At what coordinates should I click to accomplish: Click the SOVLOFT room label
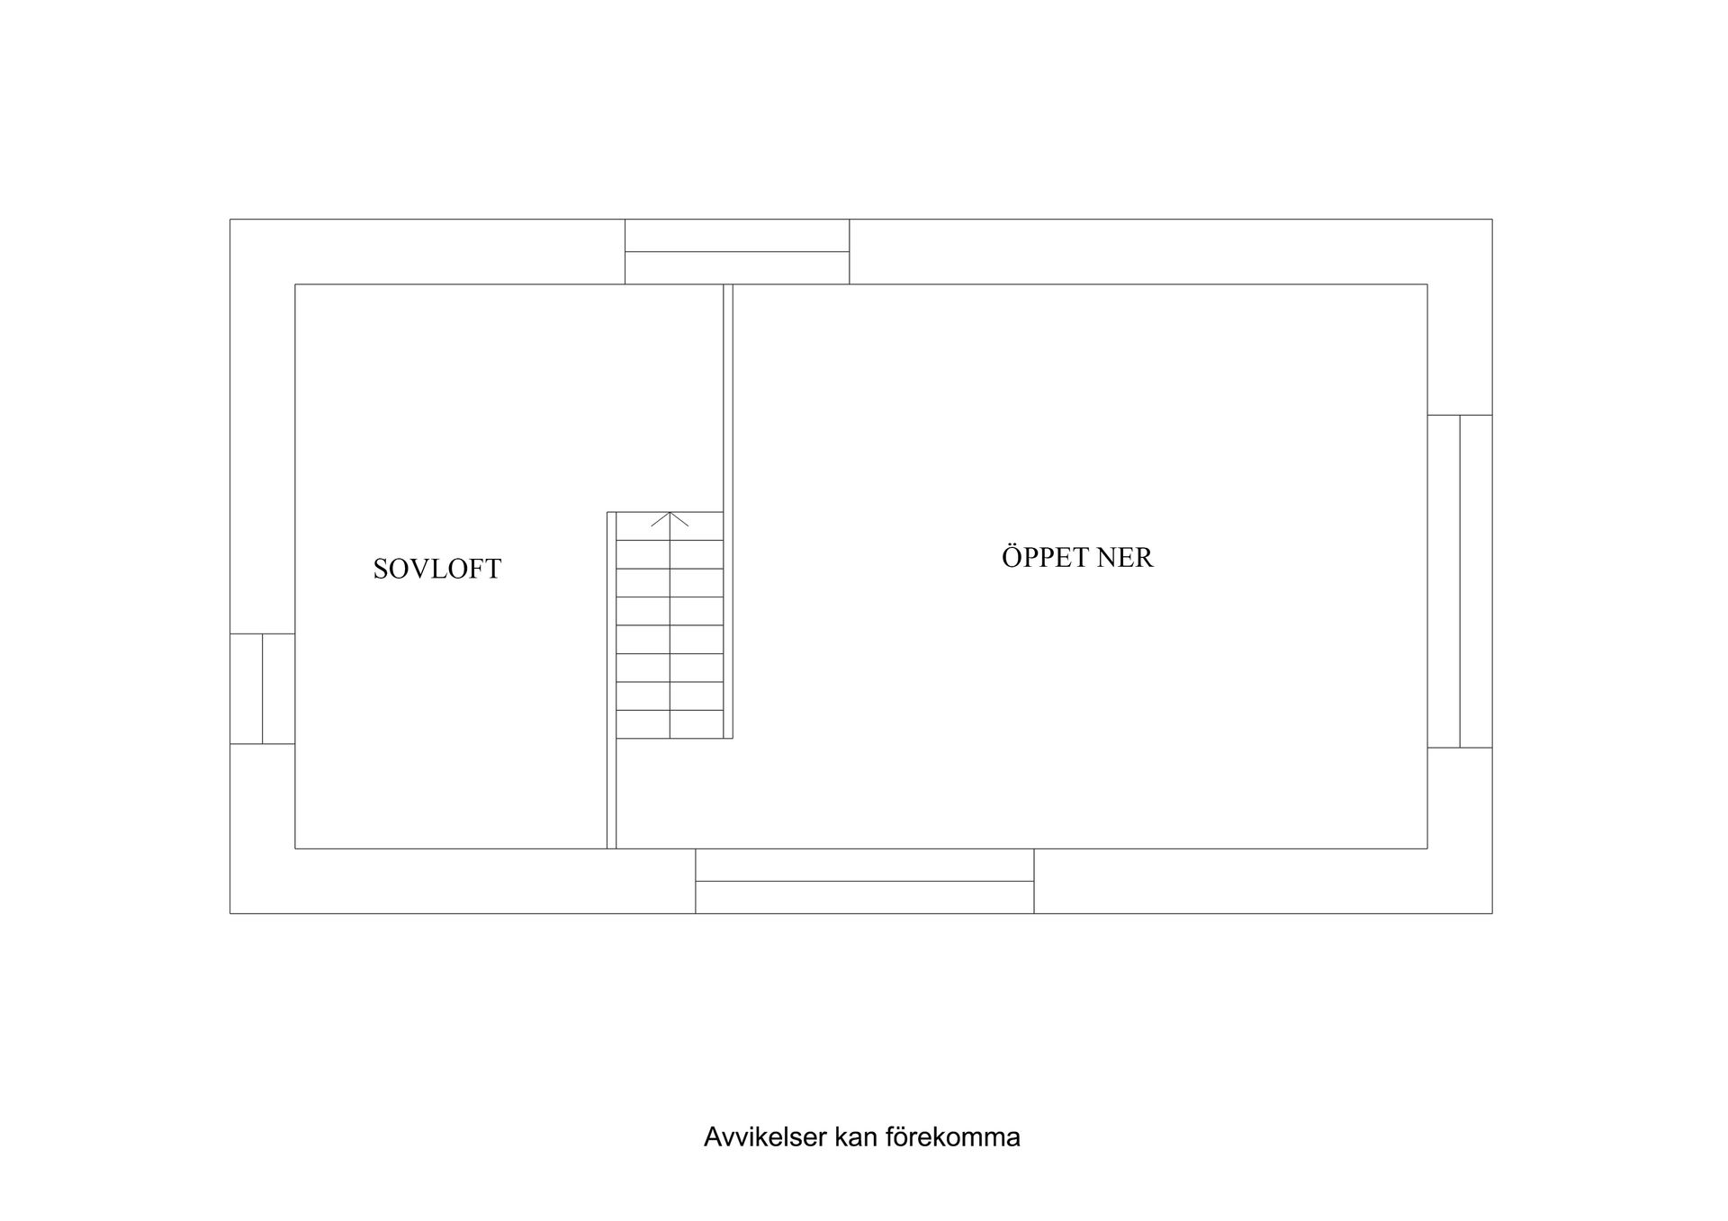pyautogui.click(x=436, y=569)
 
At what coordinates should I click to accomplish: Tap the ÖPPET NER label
pyautogui.click(x=1077, y=557)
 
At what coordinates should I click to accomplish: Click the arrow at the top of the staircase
pyautogui.click(x=670, y=519)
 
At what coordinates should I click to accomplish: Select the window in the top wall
pyautogui.click(x=737, y=252)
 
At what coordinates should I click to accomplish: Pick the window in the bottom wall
pyautogui.click(x=865, y=881)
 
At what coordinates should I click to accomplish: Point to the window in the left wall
pyautogui.click(x=263, y=689)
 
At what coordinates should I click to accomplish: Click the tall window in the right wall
pyautogui.click(x=1460, y=581)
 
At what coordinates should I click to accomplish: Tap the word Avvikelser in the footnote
pyautogui.click(x=765, y=1137)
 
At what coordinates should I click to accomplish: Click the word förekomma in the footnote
pyautogui.click(x=953, y=1137)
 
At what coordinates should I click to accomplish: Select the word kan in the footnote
pyautogui.click(x=856, y=1137)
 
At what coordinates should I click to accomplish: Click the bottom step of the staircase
pyautogui.click(x=670, y=724)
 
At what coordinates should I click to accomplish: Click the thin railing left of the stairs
pyautogui.click(x=612, y=680)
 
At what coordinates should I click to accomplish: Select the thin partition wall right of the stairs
pyautogui.click(x=728, y=511)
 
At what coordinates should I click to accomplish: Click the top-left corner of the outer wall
pyautogui.click(x=230, y=220)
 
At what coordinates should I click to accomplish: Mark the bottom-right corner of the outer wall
pyautogui.click(x=1492, y=913)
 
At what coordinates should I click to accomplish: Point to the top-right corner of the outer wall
pyautogui.click(x=1492, y=220)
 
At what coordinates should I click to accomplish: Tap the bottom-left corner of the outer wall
pyautogui.click(x=230, y=913)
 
